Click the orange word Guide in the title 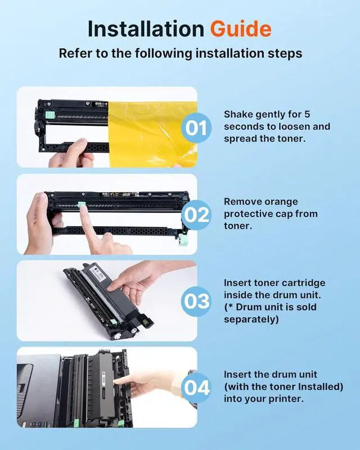click(241, 29)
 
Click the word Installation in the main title click(146, 29)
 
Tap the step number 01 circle click(196, 128)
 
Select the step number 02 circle click(196, 215)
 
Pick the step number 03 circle click(196, 301)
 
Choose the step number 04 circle click(197, 388)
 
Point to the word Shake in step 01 click(238, 115)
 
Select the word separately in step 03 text click(251, 319)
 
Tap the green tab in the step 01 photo click(50, 115)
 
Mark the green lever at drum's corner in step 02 click(182, 240)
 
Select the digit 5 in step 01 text click(307, 115)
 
